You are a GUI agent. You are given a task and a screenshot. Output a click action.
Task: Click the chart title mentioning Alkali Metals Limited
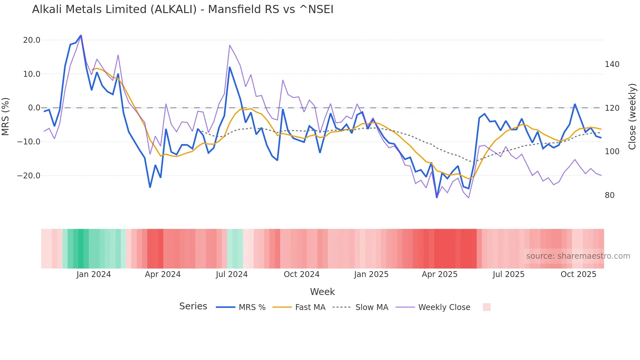183,9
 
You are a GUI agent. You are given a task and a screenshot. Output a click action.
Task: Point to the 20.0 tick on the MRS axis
32,40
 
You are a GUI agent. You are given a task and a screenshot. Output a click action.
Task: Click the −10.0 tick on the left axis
29,142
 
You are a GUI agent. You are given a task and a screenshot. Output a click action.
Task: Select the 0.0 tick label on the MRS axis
34,108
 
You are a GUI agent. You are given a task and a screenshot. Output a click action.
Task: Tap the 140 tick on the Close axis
612,64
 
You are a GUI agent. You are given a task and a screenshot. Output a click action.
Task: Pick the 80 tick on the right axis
610,195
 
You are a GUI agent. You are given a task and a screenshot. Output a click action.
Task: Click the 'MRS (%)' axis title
6,117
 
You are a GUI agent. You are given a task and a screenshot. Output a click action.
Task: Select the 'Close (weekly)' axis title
632,117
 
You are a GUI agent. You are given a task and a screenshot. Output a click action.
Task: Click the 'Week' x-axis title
322,292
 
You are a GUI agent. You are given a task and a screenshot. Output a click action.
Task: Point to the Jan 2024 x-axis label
94,274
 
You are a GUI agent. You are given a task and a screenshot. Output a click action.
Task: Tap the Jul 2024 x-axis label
232,274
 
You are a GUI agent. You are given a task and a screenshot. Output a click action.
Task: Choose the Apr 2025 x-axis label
440,274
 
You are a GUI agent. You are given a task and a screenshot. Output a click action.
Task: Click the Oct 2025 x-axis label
578,274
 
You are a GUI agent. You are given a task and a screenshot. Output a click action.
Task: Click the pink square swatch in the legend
487,307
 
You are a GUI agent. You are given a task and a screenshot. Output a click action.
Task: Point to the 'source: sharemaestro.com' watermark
578,256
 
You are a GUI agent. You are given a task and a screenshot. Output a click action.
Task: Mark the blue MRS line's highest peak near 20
81,35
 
